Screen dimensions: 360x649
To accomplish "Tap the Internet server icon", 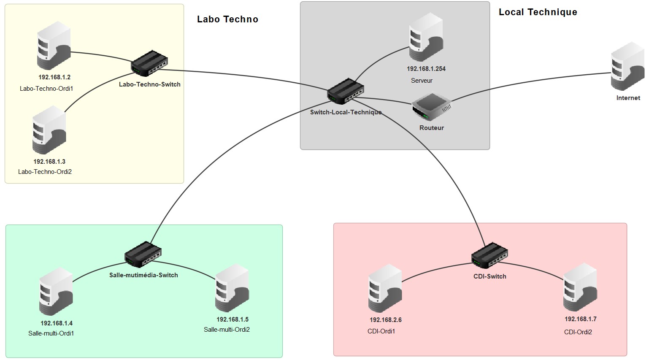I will point(627,66).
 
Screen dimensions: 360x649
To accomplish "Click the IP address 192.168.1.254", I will point(426,69).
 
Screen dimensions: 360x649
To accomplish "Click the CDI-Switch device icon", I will point(489,256).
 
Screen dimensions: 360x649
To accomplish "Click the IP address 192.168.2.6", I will point(385,320).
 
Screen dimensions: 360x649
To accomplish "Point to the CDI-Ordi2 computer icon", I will point(580,287).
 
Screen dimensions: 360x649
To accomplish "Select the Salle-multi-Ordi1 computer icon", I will point(56,292).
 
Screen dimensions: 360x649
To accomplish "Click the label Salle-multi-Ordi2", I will point(227,330).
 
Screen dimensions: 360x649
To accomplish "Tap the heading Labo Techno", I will point(227,19).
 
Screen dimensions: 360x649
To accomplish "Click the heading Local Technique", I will point(538,12).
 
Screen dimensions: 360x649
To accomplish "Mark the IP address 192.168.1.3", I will point(49,162).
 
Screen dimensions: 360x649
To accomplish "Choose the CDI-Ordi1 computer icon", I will point(385,289).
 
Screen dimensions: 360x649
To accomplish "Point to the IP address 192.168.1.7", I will point(580,319).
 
